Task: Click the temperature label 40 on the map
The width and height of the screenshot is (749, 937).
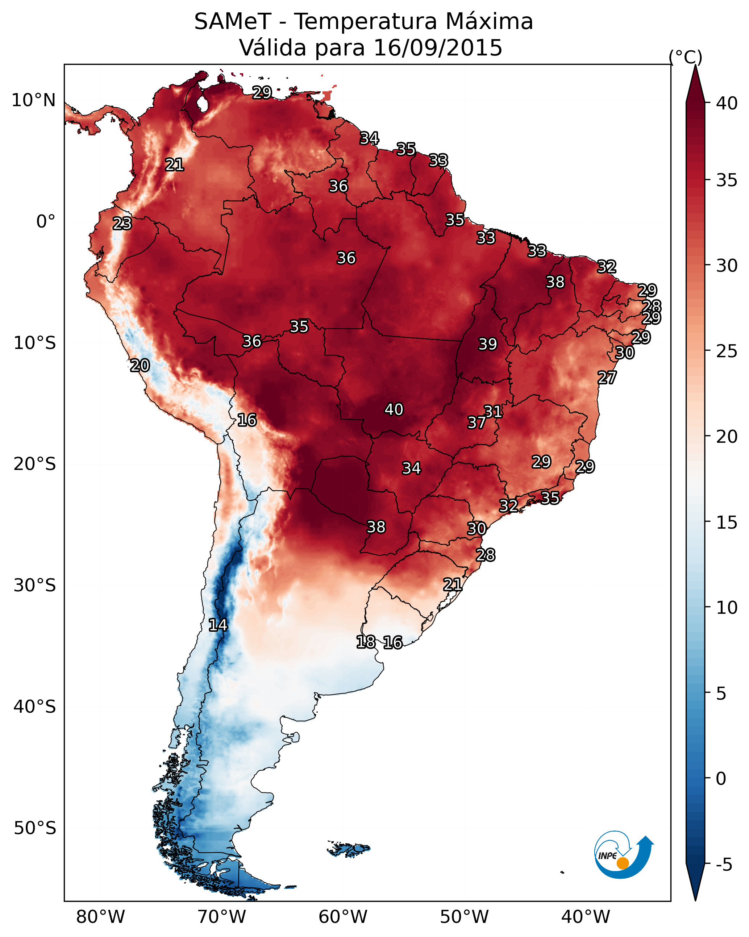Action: tap(394, 409)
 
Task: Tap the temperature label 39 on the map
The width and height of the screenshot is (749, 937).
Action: tap(487, 344)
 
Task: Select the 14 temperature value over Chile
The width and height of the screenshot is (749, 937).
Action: tap(218, 625)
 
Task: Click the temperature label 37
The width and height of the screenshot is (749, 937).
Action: tap(477, 422)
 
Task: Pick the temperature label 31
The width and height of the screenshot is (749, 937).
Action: tap(494, 411)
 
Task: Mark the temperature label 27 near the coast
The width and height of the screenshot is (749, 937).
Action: tap(607, 378)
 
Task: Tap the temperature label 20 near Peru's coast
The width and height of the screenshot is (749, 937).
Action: tap(140, 366)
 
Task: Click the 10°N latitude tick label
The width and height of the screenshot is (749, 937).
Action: tap(33, 100)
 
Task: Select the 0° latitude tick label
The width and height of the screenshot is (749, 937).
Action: tap(46, 222)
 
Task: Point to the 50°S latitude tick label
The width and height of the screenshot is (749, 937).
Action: tap(35, 828)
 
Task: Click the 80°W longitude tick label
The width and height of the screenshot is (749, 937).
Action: tap(100, 917)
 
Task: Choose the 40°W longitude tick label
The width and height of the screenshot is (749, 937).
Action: tap(586, 917)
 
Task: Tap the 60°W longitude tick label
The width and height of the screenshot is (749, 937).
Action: tap(343, 917)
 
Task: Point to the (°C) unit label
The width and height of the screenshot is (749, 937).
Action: tap(685, 57)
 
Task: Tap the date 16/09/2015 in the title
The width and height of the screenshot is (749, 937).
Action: tap(438, 47)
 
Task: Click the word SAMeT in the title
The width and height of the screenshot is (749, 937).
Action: tap(233, 21)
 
